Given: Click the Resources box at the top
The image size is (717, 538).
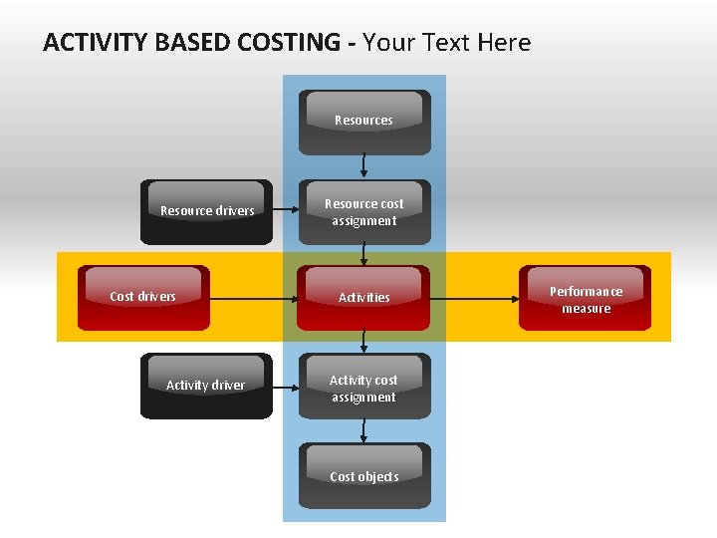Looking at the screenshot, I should click(364, 123).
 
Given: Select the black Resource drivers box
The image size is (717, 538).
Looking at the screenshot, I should click(206, 212).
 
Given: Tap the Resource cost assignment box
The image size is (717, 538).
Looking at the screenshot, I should click(364, 212).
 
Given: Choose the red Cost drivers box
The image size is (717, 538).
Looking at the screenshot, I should click(144, 297).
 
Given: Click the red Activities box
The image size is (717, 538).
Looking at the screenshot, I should click(364, 297).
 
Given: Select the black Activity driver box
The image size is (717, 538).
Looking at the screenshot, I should click(206, 386).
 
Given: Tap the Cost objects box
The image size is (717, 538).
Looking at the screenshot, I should click(364, 476).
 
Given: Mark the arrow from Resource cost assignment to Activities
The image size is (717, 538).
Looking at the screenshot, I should click(364, 255).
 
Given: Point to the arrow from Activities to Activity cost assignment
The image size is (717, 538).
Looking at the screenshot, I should click(364, 342).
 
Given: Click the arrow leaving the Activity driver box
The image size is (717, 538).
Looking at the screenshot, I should click(285, 385).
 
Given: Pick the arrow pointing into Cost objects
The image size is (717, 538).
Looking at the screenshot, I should click(364, 430).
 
